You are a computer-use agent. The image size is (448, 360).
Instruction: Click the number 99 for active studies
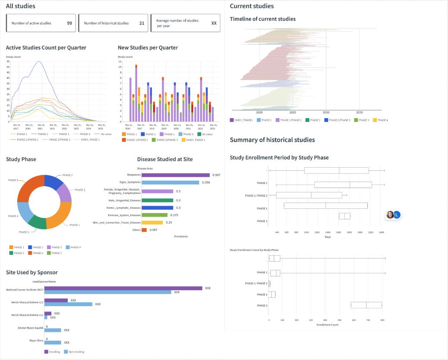tap(69, 23)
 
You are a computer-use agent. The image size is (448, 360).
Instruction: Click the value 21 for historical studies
tap(142, 23)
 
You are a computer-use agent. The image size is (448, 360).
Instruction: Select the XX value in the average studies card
tap(214, 23)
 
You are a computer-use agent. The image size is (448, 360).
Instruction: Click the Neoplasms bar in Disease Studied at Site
tap(175, 175)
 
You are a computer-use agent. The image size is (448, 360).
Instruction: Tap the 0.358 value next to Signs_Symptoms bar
tap(206, 182)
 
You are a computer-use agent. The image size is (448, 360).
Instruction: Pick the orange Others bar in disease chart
tap(144, 230)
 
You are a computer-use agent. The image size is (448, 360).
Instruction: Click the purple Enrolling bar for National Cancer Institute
tap(123, 288)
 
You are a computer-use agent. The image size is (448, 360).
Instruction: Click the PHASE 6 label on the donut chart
tap(13, 180)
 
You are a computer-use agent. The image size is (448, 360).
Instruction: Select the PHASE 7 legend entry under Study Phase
tap(56, 253)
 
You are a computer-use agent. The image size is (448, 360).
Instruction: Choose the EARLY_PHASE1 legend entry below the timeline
tap(242, 120)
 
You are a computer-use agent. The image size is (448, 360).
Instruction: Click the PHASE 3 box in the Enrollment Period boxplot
tap(345, 216)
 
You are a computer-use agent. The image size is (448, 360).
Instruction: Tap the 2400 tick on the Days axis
tap(381, 232)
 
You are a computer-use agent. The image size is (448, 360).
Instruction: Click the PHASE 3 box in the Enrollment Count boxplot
tap(366, 305)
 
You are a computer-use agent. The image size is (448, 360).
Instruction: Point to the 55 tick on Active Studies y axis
tap(8, 62)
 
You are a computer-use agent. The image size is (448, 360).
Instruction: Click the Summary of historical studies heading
tap(272, 140)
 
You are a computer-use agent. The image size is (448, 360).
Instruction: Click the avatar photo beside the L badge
tap(390, 215)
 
